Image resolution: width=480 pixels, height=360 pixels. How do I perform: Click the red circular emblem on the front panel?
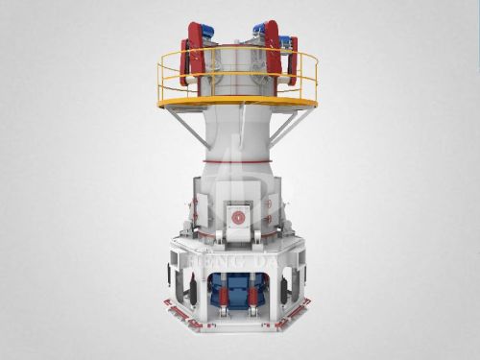tap(237, 217)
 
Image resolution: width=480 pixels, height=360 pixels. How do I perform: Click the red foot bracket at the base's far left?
tap(171, 309)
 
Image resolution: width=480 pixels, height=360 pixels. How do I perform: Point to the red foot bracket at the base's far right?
tap(305, 309)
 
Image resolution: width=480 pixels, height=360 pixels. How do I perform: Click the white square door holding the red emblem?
tap(237, 217)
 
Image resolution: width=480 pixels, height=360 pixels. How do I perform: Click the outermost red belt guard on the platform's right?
tap(292, 58)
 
